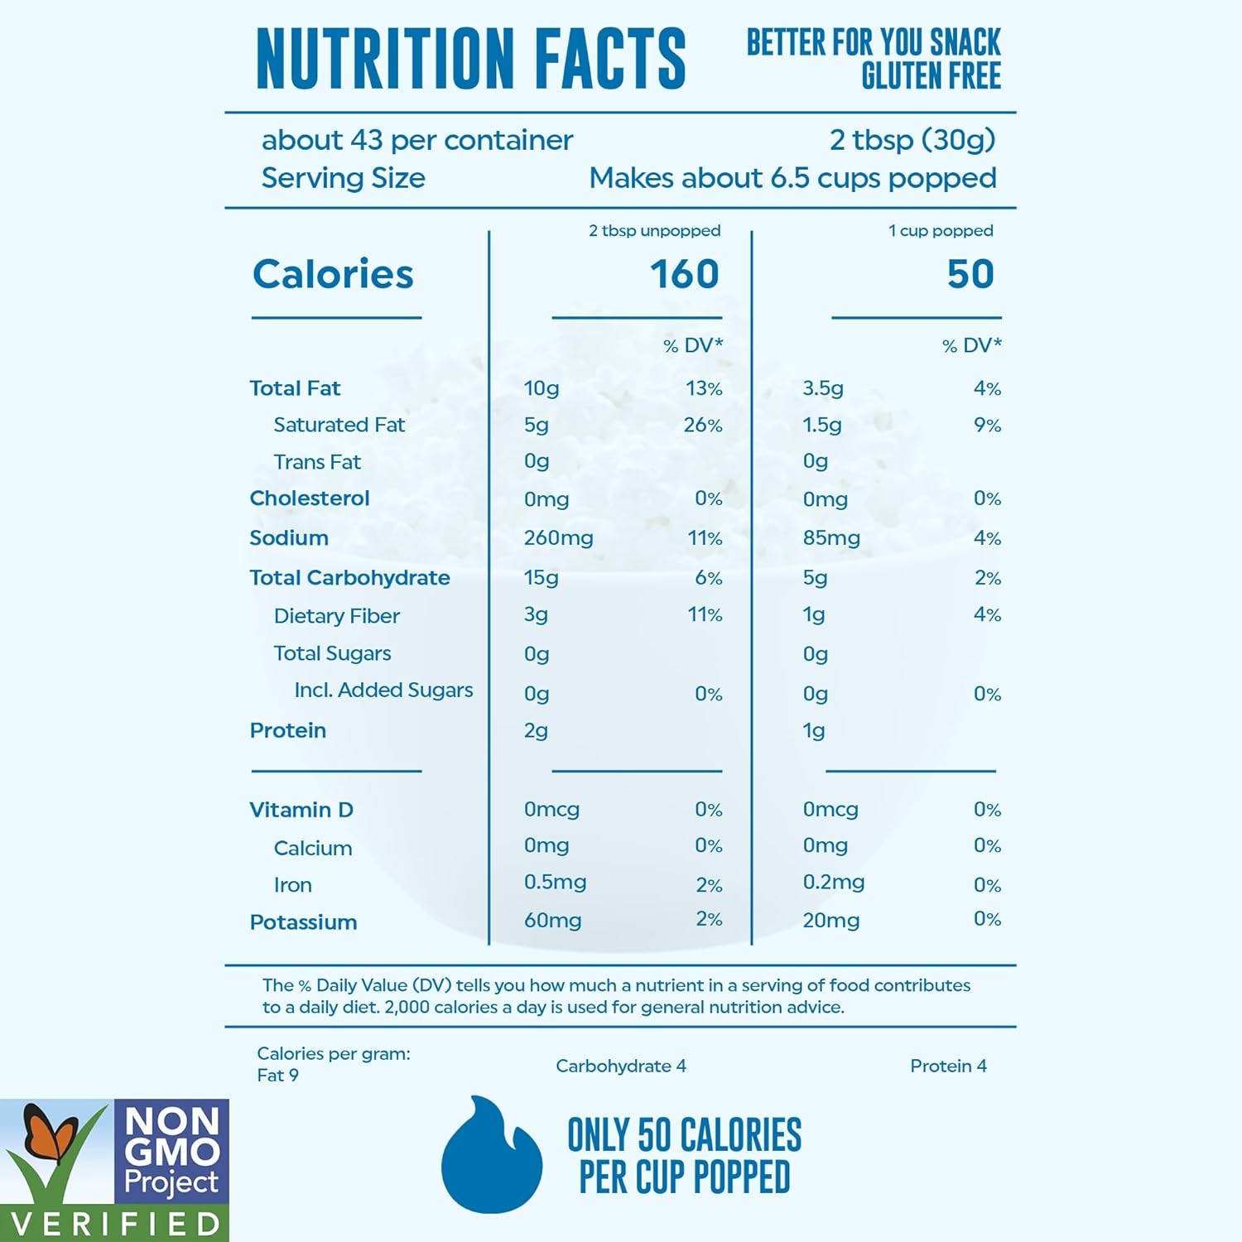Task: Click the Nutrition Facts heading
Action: click(470, 58)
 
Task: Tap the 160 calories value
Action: click(684, 274)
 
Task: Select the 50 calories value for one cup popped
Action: click(970, 274)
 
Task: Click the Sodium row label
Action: click(289, 538)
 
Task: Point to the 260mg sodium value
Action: click(558, 538)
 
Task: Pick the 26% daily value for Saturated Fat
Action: click(703, 426)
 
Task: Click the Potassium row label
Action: click(303, 922)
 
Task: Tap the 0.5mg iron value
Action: click(555, 883)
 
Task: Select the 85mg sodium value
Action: click(831, 538)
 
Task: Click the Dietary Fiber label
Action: click(336, 616)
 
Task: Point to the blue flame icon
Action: click(491, 1156)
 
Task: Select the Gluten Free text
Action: click(931, 76)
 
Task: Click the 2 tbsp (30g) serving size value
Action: click(912, 140)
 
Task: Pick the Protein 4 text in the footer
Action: click(948, 1066)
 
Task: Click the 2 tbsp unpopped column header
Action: click(654, 231)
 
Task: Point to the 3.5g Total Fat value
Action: click(823, 388)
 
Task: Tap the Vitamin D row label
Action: click(301, 810)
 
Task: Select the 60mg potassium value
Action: click(552, 921)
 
